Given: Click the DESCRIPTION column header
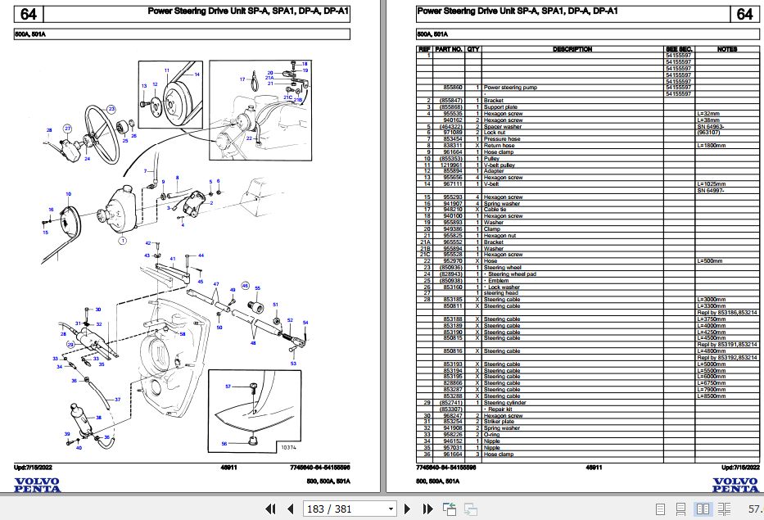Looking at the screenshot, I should tap(572, 49).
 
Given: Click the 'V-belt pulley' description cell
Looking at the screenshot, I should tap(501, 164).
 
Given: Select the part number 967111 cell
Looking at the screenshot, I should tap(452, 183).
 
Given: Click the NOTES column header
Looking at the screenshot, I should tap(726, 49).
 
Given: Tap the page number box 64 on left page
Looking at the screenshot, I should tap(27, 14).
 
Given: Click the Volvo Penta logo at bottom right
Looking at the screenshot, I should tap(734, 485).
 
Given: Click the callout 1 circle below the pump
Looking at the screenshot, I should tap(120, 241).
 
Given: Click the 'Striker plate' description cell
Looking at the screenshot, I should tap(501, 422).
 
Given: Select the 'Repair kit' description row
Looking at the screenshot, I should tap(503, 409).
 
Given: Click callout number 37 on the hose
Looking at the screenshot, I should tap(117, 400).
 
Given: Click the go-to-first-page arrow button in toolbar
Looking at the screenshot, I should tap(269, 509).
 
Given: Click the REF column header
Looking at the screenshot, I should tap(424, 49).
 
